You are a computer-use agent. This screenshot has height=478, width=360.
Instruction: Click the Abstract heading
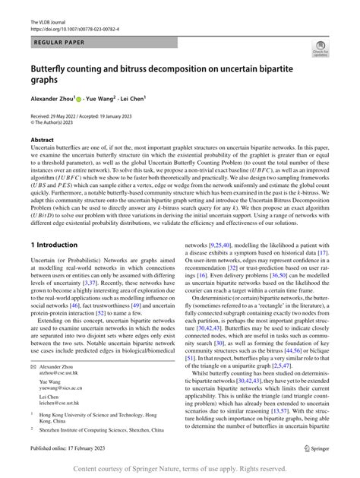(x=43, y=141)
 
